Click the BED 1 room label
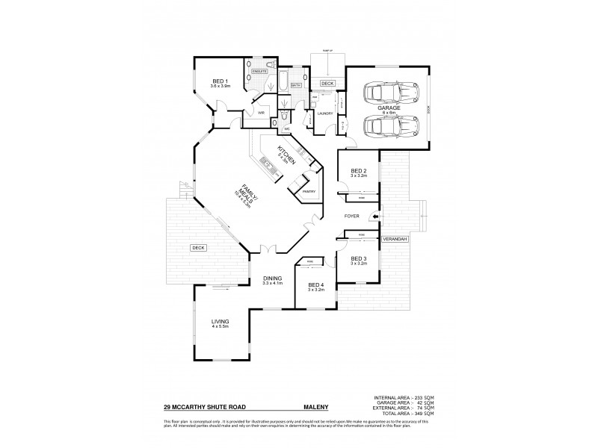219,81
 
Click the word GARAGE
389,108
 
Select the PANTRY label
309,192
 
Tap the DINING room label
272,278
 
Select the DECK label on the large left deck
197,247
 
